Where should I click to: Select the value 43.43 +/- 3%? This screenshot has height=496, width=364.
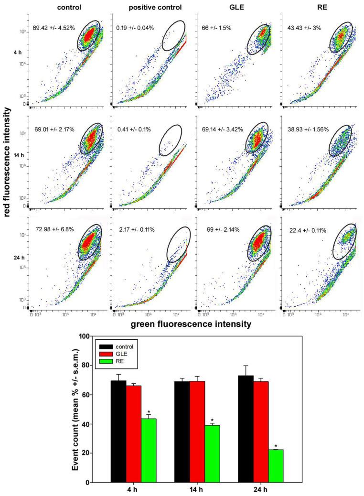click(304, 28)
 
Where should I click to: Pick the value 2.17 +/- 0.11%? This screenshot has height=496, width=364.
click(137, 230)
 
